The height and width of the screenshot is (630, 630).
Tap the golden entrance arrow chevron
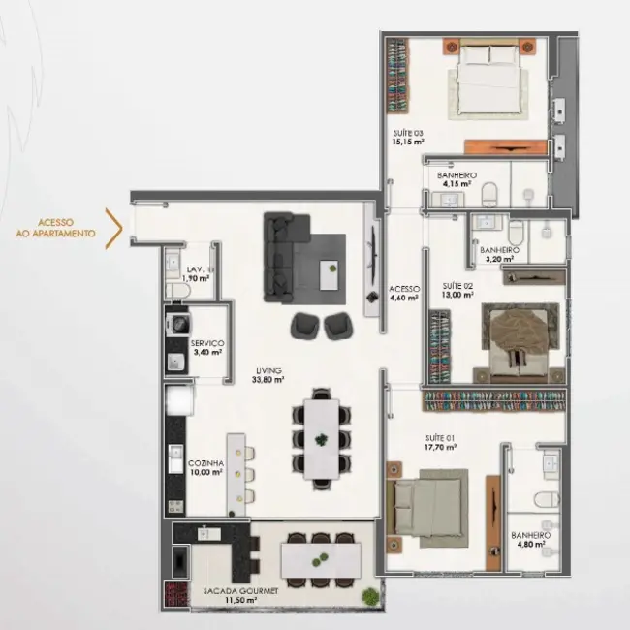(113, 228)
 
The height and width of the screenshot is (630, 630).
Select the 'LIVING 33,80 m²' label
(268, 375)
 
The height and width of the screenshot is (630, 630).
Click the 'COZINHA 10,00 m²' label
(206, 469)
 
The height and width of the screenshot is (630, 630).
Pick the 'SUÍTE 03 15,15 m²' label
(408, 137)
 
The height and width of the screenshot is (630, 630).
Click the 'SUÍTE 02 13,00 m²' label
(457, 291)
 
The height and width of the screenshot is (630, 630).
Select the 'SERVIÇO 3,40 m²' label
(207, 348)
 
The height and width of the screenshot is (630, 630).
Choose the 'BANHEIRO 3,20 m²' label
(499, 255)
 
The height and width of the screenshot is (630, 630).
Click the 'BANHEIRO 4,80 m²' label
(531, 540)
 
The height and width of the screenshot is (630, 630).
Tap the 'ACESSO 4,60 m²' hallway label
(403, 293)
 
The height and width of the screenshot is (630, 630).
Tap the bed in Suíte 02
(521, 339)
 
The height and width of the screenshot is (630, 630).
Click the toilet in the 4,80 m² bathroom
(548, 498)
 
